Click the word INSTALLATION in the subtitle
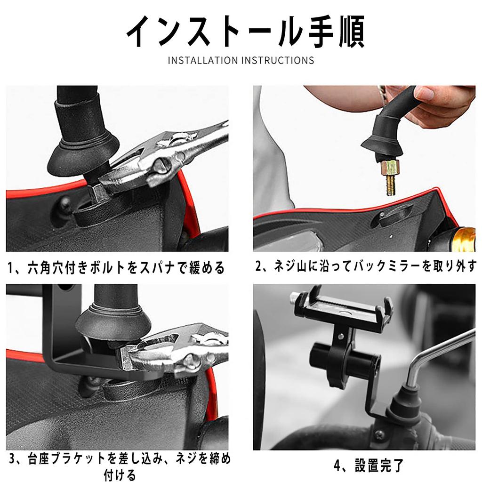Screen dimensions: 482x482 203,60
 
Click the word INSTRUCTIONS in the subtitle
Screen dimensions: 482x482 277,60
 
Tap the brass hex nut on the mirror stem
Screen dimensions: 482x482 390,167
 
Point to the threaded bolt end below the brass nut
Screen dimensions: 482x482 390,185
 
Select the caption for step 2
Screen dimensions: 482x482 365,266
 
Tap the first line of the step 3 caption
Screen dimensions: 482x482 120,459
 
